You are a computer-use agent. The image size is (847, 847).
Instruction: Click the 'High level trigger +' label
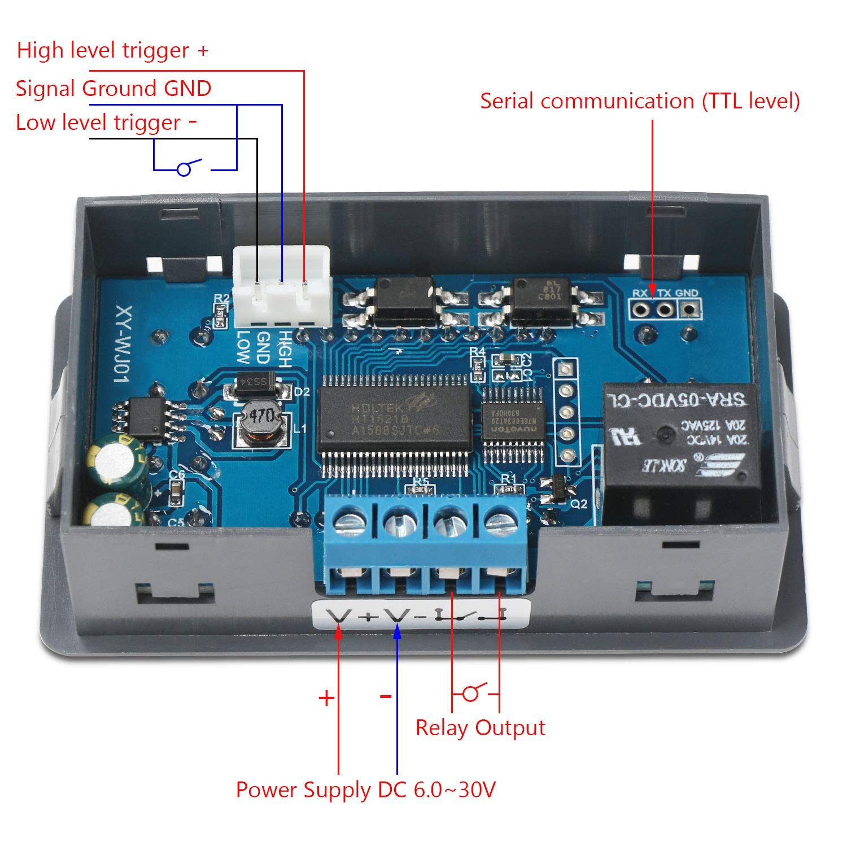(112, 50)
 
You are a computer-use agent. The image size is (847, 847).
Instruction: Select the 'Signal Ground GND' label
(113, 89)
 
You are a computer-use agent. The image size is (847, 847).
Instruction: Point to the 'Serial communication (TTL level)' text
(640, 101)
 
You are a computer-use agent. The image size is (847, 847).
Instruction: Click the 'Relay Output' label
(480, 728)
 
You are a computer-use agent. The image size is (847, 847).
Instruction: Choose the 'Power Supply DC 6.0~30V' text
(365, 789)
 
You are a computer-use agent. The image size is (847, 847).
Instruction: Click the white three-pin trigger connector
(281, 288)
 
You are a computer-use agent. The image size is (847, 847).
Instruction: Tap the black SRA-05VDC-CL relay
(680, 446)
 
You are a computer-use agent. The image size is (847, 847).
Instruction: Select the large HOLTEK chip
(394, 419)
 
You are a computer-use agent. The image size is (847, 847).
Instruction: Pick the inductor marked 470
(261, 420)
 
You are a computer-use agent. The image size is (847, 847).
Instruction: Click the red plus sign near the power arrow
(326, 698)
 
